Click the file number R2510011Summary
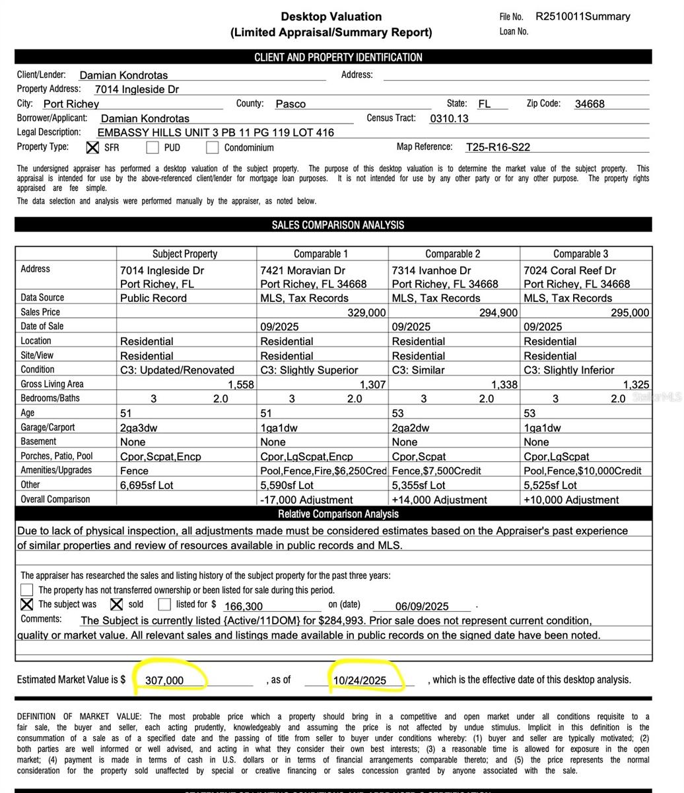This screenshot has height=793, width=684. pyautogui.click(x=582, y=17)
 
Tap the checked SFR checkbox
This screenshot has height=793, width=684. pyautogui.click(x=93, y=147)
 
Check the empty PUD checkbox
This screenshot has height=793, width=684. pyautogui.click(x=153, y=147)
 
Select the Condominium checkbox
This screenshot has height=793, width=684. pyautogui.click(x=212, y=147)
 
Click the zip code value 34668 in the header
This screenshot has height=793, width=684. pyautogui.click(x=590, y=104)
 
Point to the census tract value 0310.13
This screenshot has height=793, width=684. pyautogui.click(x=449, y=118)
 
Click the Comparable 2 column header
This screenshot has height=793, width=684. pyautogui.click(x=452, y=254)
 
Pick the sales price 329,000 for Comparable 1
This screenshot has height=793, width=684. pyautogui.click(x=366, y=313)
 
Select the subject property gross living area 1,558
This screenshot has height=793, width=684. pyautogui.click(x=240, y=385)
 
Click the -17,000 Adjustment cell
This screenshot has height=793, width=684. pyautogui.click(x=306, y=500)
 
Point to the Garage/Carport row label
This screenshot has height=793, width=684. pyautogui.click(x=48, y=428)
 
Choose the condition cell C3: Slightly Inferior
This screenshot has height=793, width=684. pyautogui.click(x=568, y=370)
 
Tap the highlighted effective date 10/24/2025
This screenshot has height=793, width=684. pyautogui.click(x=360, y=680)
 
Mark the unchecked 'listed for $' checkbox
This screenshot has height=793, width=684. pyautogui.click(x=164, y=604)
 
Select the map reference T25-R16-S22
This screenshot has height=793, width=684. pyautogui.click(x=498, y=147)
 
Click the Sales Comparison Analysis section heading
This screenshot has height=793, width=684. pyautogui.click(x=337, y=225)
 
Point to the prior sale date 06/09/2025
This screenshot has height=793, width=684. pyautogui.click(x=422, y=606)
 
